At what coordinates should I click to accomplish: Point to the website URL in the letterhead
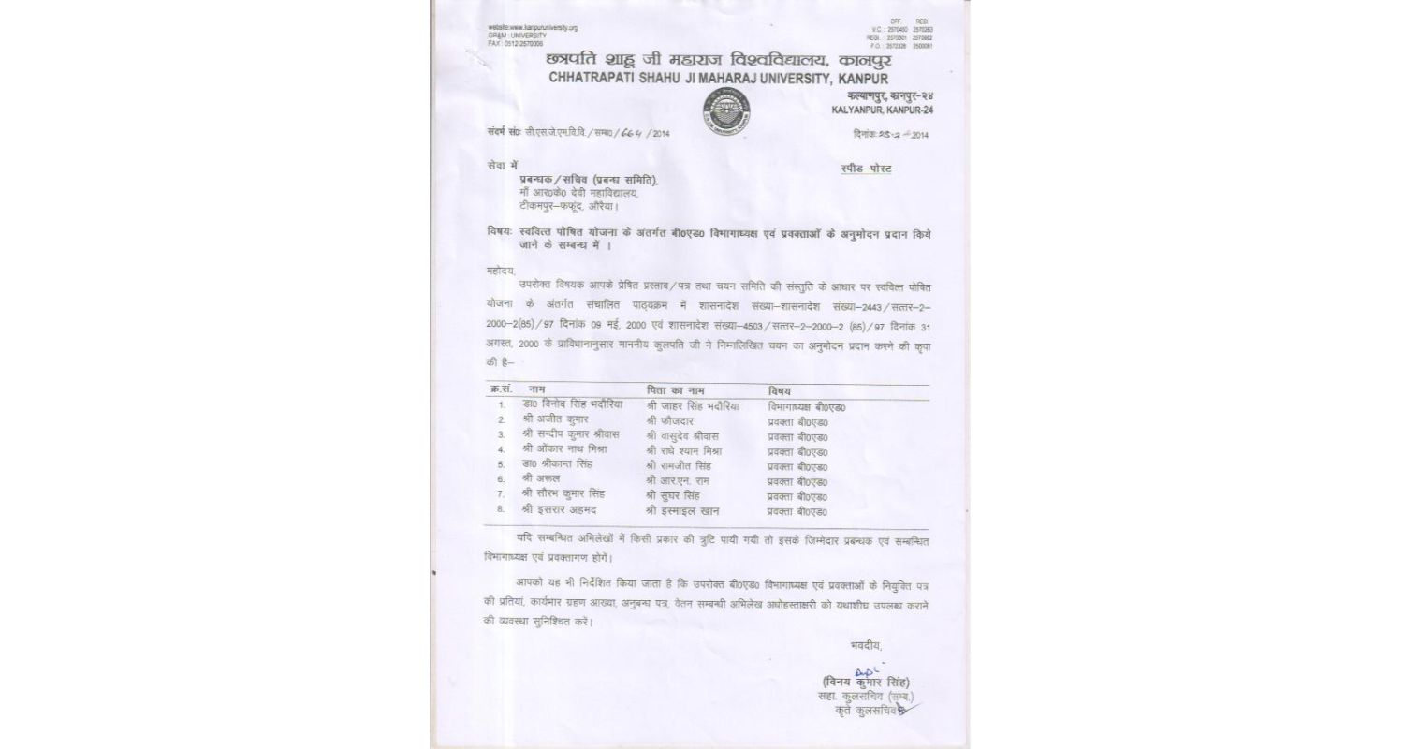click(x=533, y=28)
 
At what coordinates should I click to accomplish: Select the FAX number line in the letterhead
click(x=516, y=43)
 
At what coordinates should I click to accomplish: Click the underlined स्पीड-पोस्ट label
click(x=867, y=169)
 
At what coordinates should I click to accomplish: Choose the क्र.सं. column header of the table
click(x=502, y=389)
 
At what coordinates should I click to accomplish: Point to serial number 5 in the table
click(x=502, y=465)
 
